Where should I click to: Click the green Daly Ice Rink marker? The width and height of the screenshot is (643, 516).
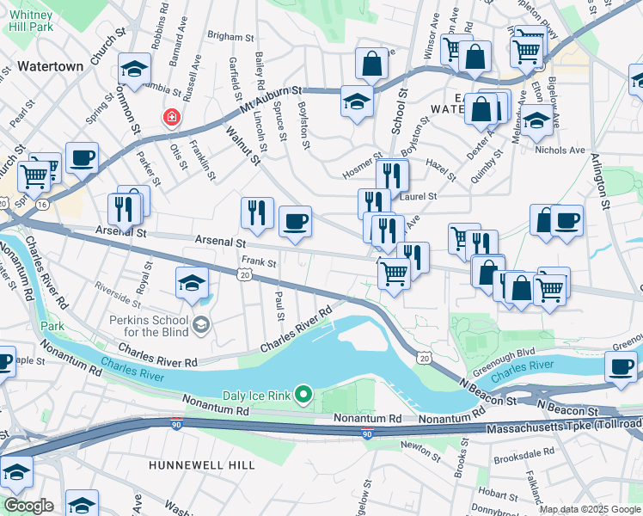click(x=303, y=395)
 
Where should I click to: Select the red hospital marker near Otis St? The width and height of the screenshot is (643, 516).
click(x=173, y=117)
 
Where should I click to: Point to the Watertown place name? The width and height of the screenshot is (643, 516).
click(x=51, y=66)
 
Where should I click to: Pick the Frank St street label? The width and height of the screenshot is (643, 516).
click(x=258, y=261)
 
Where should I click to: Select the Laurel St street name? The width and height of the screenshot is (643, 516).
click(x=421, y=196)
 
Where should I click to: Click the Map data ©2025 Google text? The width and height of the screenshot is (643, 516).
click(x=589, y=508)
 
